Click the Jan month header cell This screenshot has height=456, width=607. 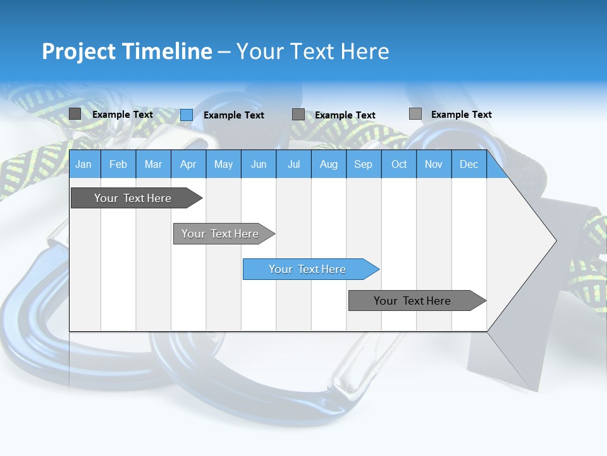[x=84, y=164]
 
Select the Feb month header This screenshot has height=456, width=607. [x=118, y=164]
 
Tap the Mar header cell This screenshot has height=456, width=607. [x=153, y=164]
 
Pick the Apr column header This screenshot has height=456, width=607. [x=188, y=164]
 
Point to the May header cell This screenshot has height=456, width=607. [x=223, y=164]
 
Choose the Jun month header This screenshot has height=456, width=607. [x=259, y=164]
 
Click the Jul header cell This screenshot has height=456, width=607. [x=293, y=164]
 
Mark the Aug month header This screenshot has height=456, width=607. [x=329, y=164]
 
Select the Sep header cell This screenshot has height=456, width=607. [x=364, y=164]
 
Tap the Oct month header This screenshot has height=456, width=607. [x=399, y=164]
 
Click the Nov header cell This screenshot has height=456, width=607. [x=434, y=164]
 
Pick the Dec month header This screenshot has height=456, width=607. [x=469, y=164]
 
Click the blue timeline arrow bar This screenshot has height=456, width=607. [x=310, y=269]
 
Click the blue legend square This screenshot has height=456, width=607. [x=187, y=115]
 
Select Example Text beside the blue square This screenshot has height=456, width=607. [x=234, y=115]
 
